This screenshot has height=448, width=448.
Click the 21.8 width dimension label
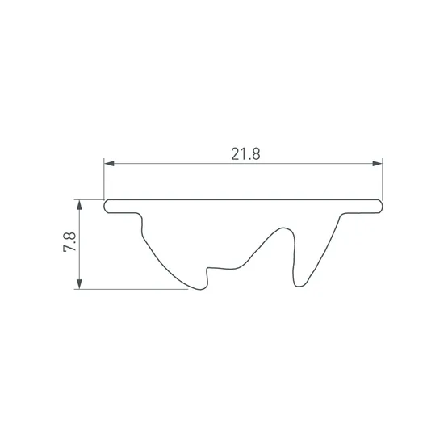tap(245, 154)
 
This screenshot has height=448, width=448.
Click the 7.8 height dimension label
tap(69, 241)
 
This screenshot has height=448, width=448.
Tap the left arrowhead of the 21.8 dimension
tap(109, 164)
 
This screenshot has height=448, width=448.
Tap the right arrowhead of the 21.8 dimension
tap(377, 164)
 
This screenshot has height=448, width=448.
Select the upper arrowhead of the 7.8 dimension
tap(79, 205)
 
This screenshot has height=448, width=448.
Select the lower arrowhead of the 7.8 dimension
tap(79, 283)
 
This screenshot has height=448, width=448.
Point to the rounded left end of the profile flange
tap(106, 206)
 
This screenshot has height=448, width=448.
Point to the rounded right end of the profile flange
tap(380, 206)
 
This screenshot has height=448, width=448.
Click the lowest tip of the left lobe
tap(200, 290)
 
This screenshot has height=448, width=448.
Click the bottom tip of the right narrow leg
tap(299, 286)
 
